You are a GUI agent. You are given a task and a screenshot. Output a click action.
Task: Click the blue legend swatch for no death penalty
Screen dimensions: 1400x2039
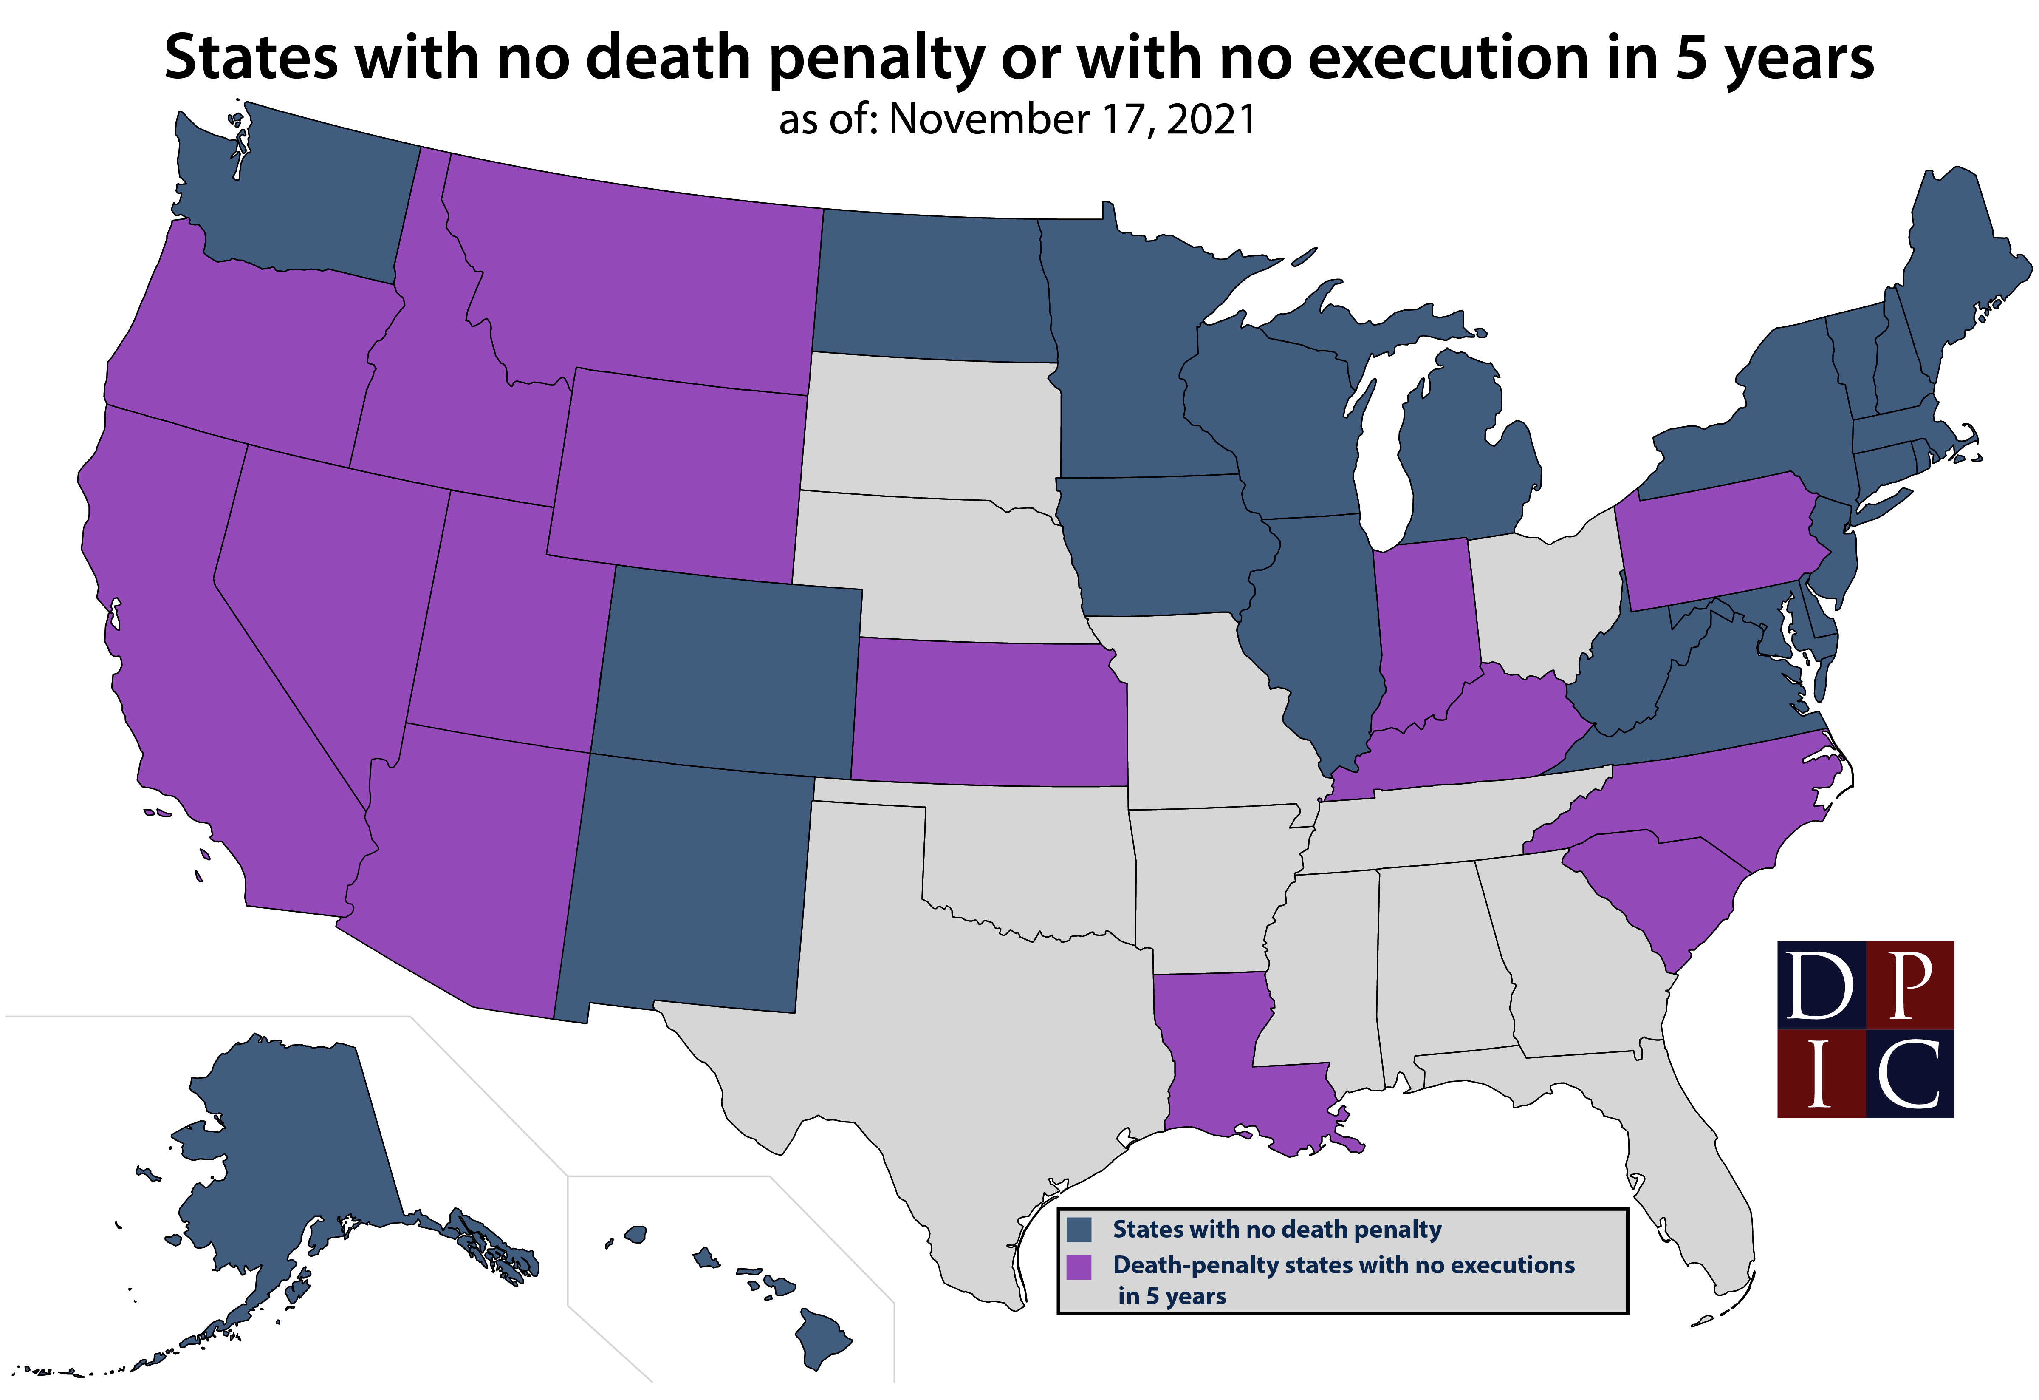pos(1078,1229)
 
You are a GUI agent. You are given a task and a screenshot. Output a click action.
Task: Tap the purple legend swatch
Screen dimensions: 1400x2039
pos(1078,1267)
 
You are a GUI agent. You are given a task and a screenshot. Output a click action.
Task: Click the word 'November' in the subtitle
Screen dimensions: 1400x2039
pos(989,119)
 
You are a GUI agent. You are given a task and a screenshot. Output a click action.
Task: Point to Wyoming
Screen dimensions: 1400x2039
pos(675,474)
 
